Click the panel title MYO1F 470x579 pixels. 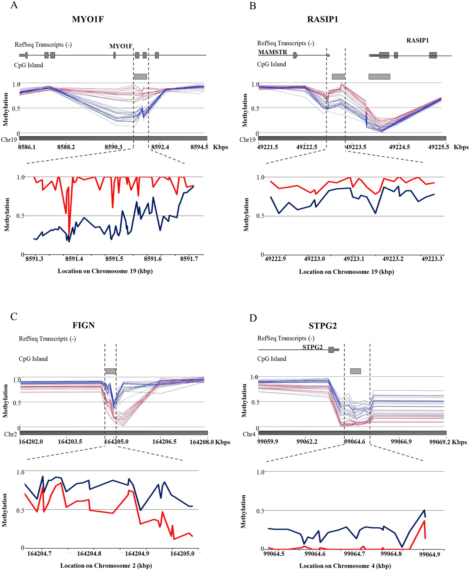pos(88,19)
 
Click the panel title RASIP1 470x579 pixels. pos(323,19)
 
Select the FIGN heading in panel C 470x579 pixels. pos(84,325)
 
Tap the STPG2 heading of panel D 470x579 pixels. pos(323,326)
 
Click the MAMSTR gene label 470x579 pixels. pos(272,52)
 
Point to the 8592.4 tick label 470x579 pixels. pos(160,147)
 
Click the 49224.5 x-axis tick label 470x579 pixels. pos(400,147)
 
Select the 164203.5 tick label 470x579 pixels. pos(70,441)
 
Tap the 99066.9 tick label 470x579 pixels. pos(401,441)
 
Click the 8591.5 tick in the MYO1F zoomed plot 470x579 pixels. pos(114,259)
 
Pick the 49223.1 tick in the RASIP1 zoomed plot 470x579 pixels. pos(354,259)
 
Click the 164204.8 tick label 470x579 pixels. pos(89,554)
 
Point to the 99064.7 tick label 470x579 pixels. pos(354,554)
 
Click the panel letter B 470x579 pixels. pos(252,5)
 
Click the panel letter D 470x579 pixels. pos(253,318)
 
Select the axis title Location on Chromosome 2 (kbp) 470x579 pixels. pos(106,566)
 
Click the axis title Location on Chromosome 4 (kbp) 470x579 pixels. pos(345,566)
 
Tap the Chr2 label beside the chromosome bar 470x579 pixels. pos(10,434)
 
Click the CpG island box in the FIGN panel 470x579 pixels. pos(111,371)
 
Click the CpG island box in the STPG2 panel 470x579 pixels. pos(355,371)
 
